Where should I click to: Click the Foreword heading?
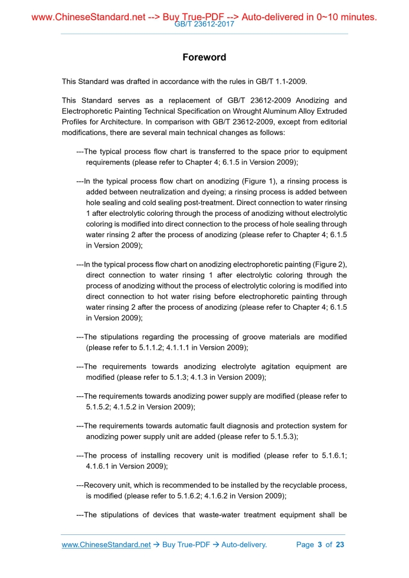point(204,57)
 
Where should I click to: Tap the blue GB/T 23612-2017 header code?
point(204,25)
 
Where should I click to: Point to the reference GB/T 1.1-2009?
point(279,81)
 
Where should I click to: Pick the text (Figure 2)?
point(329,264)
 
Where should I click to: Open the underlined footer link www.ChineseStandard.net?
point(106,544)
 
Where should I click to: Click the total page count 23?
point(339,544)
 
